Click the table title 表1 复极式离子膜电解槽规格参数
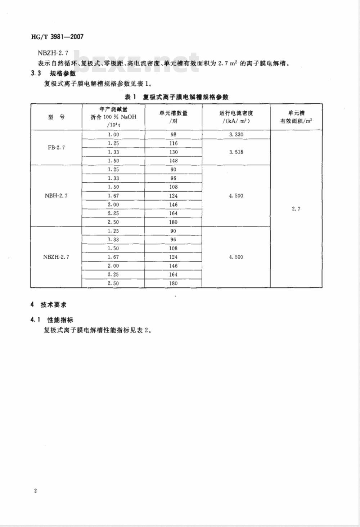click(176, 97)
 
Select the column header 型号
click(57, 117)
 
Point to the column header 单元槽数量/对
click(174, 117)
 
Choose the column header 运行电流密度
click(236, 117)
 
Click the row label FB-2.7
click(57, 148)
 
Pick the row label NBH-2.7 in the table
click(56, 196)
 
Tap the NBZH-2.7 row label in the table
click(56, 257)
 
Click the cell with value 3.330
click(236, 134)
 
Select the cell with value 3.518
click(236, 152)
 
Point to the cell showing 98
click(174, 134)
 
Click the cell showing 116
click(174, 143)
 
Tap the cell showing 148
click(174, 161)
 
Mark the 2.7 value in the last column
click(296, 209)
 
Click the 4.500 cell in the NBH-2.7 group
click(236, 196)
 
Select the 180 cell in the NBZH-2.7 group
click(174, 283)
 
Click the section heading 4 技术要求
click(49, 305)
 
